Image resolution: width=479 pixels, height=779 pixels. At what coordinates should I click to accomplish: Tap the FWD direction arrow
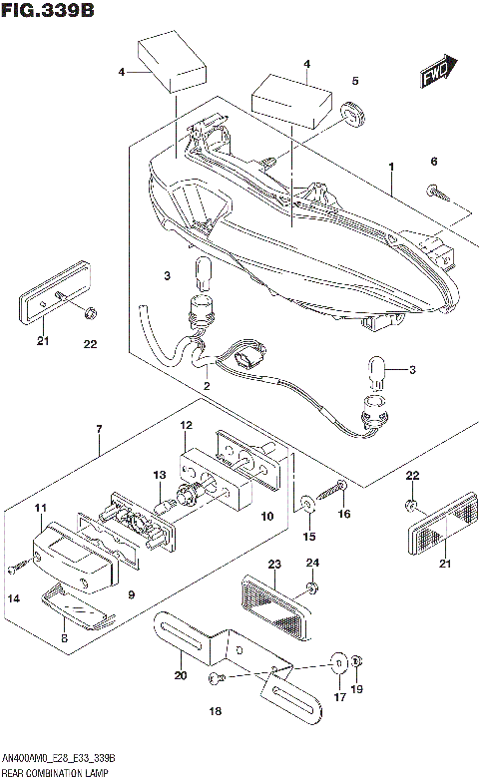[436, 73]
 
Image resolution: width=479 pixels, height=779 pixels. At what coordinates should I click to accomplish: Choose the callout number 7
[99, 430]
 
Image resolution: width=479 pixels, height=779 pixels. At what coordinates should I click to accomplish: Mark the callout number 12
[186, 426]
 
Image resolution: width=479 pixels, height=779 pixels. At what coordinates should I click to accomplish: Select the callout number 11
[41, 509]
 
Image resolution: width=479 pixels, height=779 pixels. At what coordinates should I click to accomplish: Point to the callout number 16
[344, 515]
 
